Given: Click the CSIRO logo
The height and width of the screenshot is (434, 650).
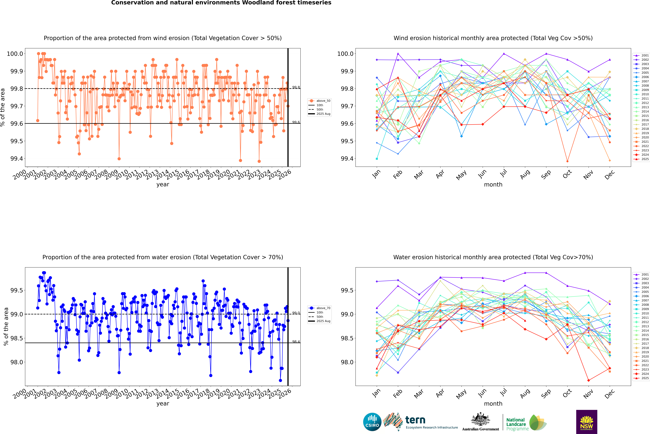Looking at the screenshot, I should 372,422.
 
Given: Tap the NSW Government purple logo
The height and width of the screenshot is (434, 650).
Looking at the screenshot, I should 587,422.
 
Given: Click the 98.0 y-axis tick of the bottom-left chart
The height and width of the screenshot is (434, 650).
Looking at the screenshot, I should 17,362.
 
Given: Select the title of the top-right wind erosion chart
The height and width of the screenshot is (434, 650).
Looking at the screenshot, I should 493,38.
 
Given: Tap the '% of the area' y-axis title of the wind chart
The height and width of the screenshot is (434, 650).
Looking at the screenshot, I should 3,107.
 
